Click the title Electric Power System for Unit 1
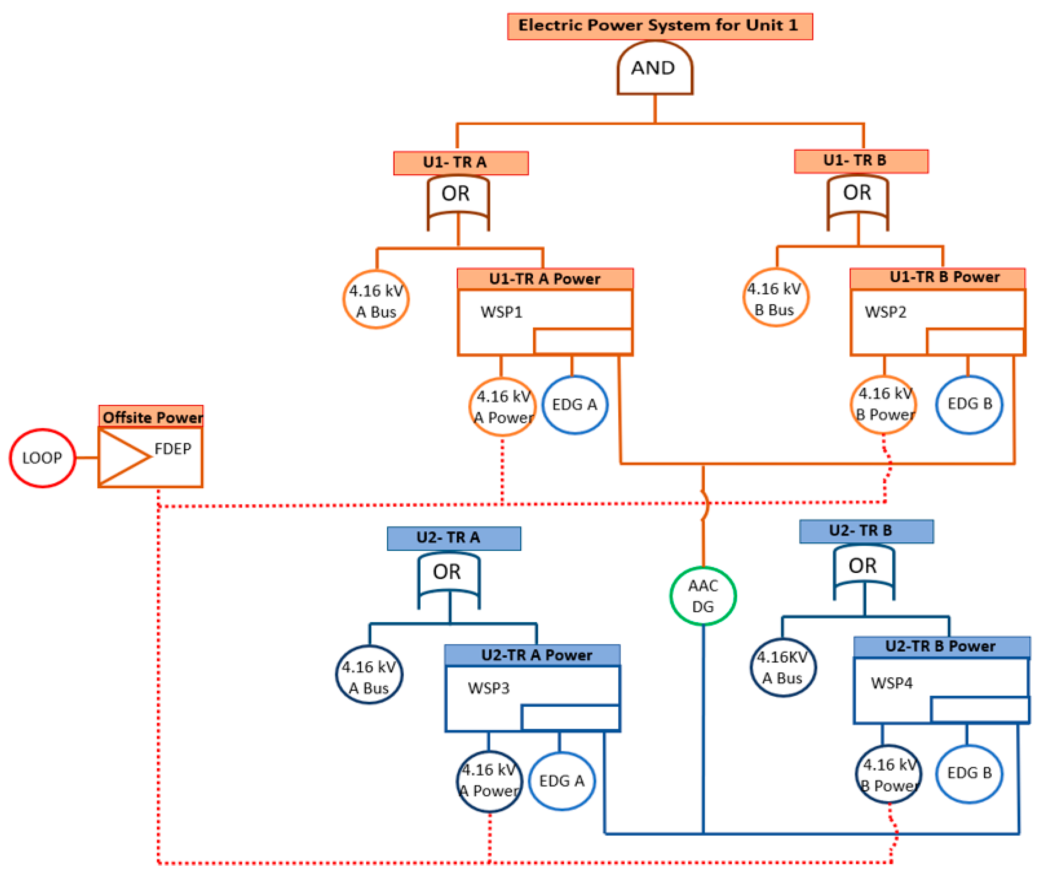click(660, 26)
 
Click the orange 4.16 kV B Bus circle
click(775, 298)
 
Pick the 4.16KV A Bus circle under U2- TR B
click(783, 667)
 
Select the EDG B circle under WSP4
click(969, 773)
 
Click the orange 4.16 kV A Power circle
click(503, 407)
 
